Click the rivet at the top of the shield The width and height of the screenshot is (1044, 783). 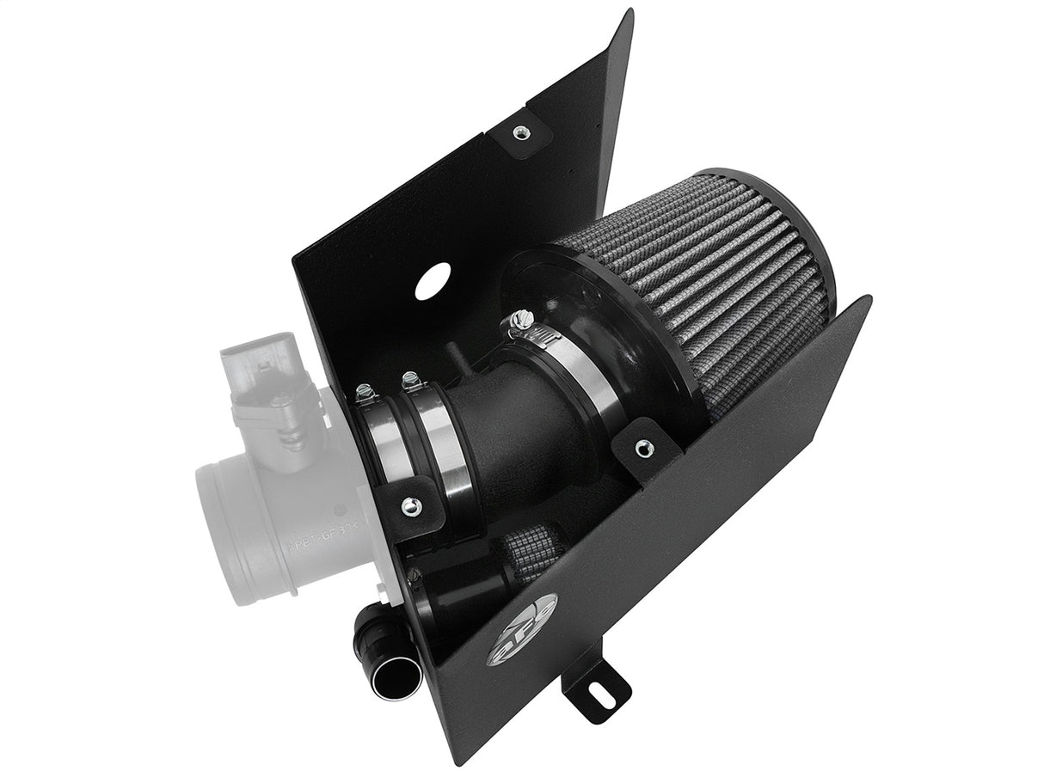[519, 132]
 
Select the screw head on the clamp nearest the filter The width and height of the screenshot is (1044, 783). [517, 319]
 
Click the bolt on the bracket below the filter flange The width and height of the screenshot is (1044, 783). [641, 446]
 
